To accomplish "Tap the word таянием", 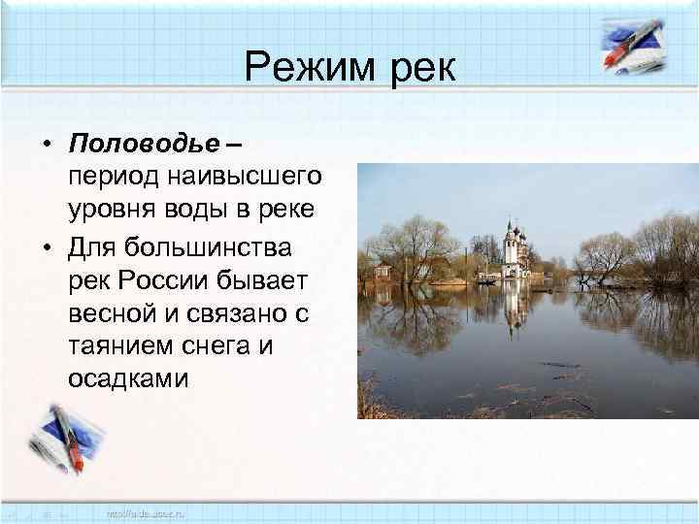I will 120,345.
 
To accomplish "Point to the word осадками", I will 127,377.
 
